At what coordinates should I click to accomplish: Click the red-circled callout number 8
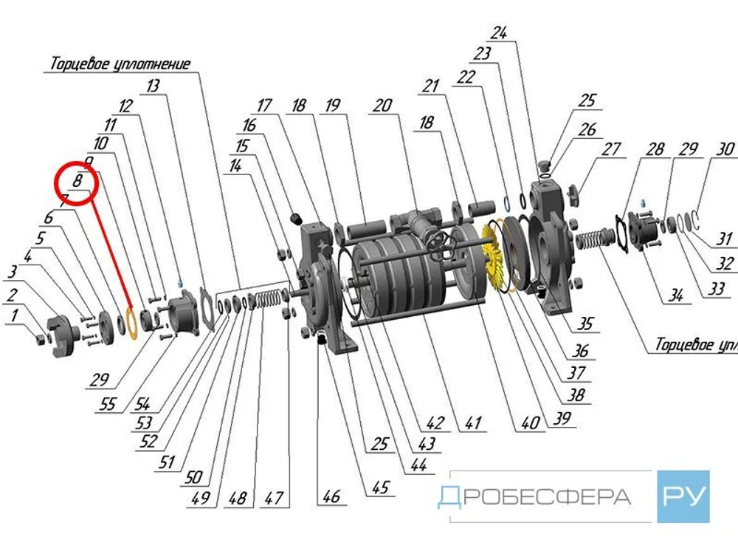(x=77, y=180)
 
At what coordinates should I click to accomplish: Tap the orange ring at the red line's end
(x=130, y=323)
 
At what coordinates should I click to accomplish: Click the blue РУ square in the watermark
(x=683, y=496)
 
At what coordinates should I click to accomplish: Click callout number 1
(x=13, y=316)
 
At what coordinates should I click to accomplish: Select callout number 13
(x=153, y=86)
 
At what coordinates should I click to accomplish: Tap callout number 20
(x=382, y=106)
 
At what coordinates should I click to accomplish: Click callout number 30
(x=726, y=149)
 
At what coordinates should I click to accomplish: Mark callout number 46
(x=331, y=496)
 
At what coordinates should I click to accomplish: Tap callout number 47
(x=274, y=498)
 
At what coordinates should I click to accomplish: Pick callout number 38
(x=576, y=395)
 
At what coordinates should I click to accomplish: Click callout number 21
(x=430, y=87)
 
